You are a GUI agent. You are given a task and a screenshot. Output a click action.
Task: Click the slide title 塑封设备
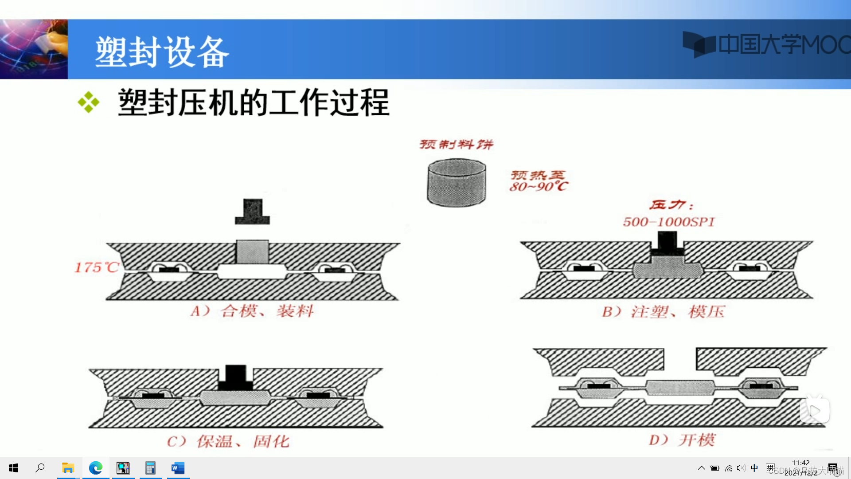pos(162,52)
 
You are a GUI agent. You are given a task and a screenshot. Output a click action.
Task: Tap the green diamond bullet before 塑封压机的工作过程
pos(89,102)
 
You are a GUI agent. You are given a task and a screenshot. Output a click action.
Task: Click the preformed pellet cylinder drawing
pos(457,183)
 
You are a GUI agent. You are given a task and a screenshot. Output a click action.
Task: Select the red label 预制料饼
pos(457,144)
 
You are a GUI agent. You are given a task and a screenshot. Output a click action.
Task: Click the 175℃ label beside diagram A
pos(97,267)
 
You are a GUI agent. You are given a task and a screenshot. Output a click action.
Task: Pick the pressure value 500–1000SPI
pos(669,222)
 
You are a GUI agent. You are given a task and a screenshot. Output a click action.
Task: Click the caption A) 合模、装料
pos(252,311)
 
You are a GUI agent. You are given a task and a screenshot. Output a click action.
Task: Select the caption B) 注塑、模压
pos(663,312)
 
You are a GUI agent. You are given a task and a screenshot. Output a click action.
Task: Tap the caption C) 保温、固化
pos(228,441)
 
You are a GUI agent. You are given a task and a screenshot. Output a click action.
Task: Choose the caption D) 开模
pos(682,440)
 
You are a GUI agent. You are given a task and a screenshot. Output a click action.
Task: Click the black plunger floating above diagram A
pos(252,212)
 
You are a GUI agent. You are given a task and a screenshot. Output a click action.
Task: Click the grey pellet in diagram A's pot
pos(252,252)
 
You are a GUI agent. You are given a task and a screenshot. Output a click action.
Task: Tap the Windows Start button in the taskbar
pos(13,468)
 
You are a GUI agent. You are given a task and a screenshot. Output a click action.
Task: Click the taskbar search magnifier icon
pos(40,468)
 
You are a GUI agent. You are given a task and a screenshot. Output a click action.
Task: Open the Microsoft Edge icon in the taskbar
pos(96,468)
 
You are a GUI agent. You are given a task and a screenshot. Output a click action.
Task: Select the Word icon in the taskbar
pos(178,468)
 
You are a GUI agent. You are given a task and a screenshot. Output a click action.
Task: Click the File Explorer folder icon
pos(68,468)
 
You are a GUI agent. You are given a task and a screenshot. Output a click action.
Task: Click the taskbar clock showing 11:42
pos(801,463)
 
